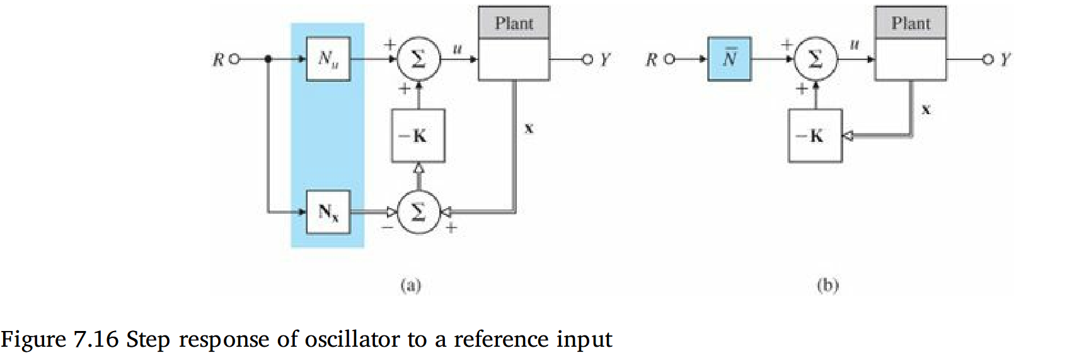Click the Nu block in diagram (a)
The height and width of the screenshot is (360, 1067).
point(328,59)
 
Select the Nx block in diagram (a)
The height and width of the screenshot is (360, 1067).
point(328,212)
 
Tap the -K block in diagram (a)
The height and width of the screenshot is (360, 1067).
point(418,136)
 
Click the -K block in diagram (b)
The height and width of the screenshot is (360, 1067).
point(814,136)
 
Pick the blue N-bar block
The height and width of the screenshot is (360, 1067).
point(729,59)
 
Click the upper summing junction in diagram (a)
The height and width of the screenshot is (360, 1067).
point(418,59)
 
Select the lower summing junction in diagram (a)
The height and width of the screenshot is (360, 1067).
point(418,212)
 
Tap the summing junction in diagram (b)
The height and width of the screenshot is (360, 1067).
point(815,59)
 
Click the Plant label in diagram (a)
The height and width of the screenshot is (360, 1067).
point(514,23)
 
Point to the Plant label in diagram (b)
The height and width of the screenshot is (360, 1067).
point(910,23)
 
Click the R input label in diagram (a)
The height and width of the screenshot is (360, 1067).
point(218,60)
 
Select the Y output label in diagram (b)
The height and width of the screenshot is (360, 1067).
point(1005,60)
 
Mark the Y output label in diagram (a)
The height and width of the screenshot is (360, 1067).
point(605,60)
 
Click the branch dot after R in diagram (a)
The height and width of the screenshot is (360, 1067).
point(268,59)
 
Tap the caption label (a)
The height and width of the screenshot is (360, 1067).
point(410,286)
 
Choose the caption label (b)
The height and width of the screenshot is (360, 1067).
point(828,286)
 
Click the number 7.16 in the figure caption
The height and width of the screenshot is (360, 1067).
point(96,339)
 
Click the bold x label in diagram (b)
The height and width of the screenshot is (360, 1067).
point(925,110)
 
